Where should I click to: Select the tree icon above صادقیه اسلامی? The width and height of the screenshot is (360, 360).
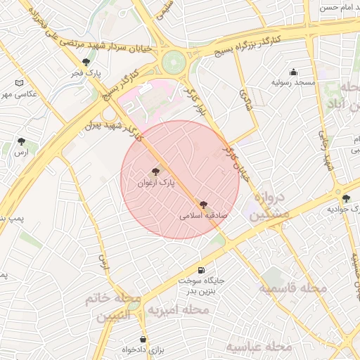pyautogui.click(x=203, y=205)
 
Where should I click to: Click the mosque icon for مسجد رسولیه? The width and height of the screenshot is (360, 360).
pyautogui.click(x=293, y=72)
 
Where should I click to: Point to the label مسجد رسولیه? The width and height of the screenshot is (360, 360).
pyautogui.click(x=293, y=83)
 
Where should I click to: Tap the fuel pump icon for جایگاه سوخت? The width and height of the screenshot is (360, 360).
pyautogui.click(x=202, y=270)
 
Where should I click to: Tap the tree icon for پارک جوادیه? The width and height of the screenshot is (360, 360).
pyautogui.click(x=345, y=198)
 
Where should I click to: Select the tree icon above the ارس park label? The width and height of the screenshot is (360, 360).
pyautogui.click(x=22, y=141)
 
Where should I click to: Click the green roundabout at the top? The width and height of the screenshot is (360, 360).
pyautogui.click(x=172, y=63)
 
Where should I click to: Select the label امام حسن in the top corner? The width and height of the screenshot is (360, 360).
pyautogui.click(x=340, y=8)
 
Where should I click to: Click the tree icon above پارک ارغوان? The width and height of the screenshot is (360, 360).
pyautogui.click(x=155, y=171)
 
